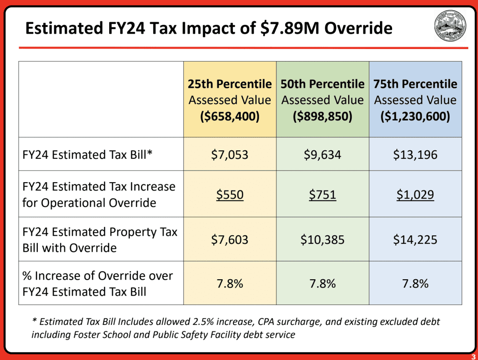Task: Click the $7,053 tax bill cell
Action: [x=230, y=154]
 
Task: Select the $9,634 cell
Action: [x=323, y=154]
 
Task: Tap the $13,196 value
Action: [x=415, y=154]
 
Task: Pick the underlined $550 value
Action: [x=230, y=194]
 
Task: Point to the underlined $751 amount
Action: [x=323, y=194]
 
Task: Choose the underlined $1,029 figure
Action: [x=415, y=194]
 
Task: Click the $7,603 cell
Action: [x=230, y=240]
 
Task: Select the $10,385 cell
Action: [x=323, y=240]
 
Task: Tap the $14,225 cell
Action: [x=415, y=240]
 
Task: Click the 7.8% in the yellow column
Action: [x=230, y=283]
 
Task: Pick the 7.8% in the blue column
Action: [x=415, y=283]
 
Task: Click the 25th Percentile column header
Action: [x=230, y=84]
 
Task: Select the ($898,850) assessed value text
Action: [x=323, y=116]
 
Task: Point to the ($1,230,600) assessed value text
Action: [x=415, y=116]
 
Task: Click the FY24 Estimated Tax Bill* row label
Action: [x=88, y=154]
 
